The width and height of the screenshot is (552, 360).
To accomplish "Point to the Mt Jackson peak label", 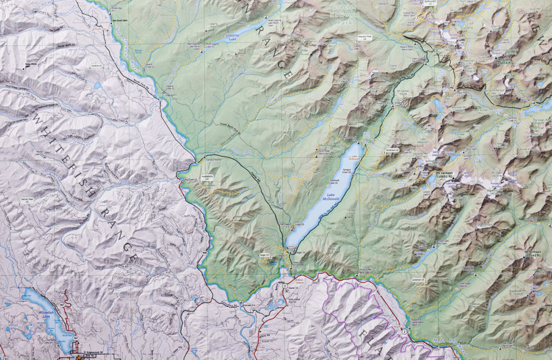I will point(446,174).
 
